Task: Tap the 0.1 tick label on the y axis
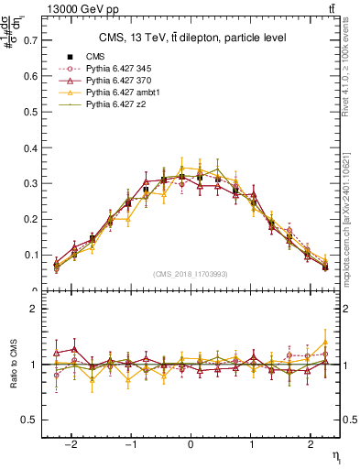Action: pyautogui.click(x=31, y=256)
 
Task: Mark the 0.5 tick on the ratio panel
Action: pyautogui.click(x=31, y=420)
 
